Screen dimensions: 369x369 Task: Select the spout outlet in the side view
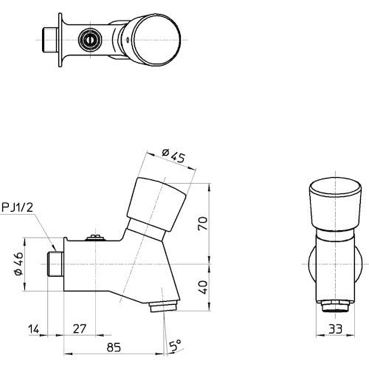tap(164, 304)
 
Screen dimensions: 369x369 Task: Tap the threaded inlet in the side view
tap(54, 263)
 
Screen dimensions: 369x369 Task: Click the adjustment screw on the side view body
tap(94, 237)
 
